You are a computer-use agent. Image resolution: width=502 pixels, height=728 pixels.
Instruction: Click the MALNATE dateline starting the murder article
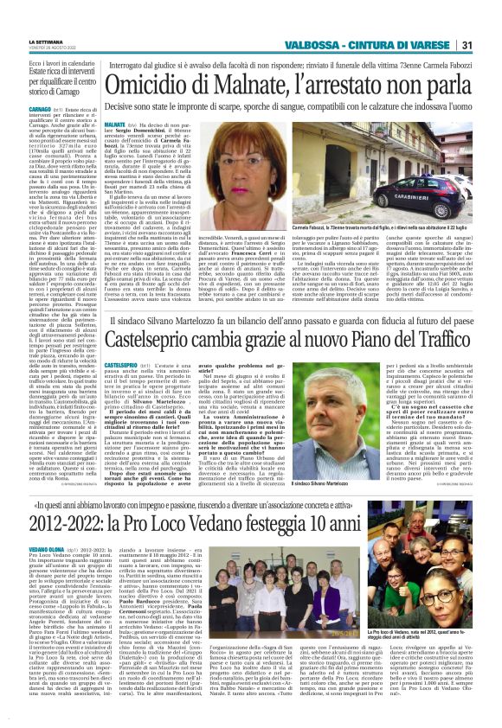pyautogui.click(x=115, y=125)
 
